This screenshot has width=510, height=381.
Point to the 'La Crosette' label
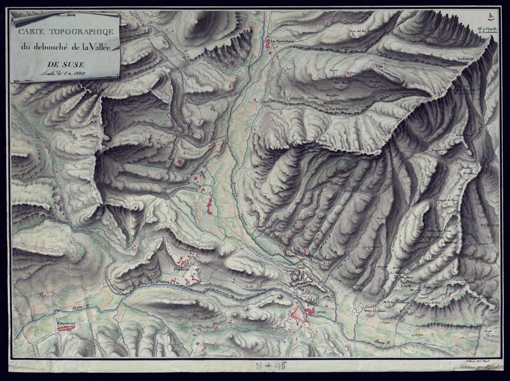coord(467,59)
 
